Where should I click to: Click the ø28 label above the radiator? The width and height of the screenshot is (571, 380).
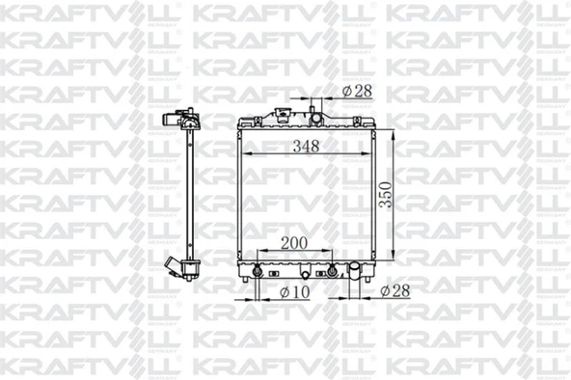(355, 92)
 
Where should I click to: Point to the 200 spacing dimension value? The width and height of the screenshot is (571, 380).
(295, 243)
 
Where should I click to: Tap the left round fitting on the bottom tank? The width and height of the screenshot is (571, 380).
(258, 269)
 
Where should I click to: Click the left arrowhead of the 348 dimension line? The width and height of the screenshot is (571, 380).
(245, 155)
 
